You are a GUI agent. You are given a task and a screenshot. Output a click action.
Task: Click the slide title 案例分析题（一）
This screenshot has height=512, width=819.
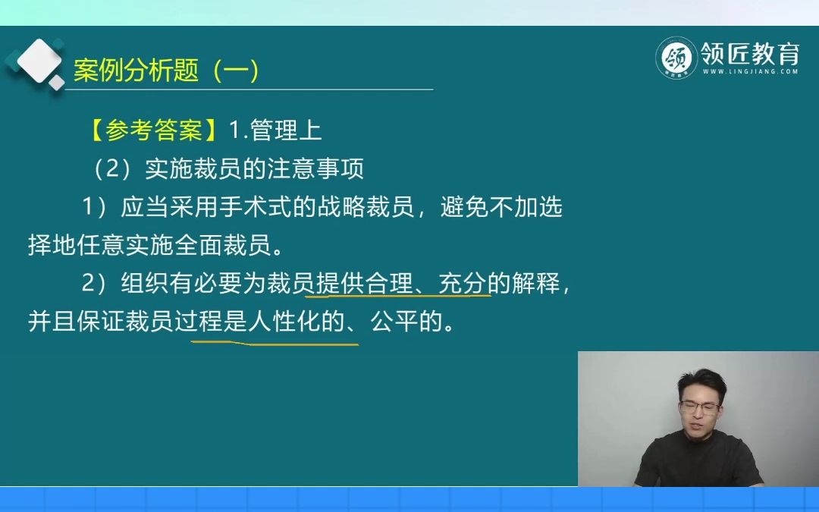pyautogui.click(x=167, y=71)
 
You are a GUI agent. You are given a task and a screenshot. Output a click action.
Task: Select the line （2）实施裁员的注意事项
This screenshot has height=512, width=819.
pyautogui.click(x=227, y=169)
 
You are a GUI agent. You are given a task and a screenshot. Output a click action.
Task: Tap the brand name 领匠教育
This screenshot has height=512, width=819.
pyautogui.click(x=750, y=54)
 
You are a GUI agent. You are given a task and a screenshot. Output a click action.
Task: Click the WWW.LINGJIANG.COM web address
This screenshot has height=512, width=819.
pyautogui.click(x=750, y=72)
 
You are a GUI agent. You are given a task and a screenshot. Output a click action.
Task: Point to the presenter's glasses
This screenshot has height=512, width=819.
pyautogui.click(x=699, y=407)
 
